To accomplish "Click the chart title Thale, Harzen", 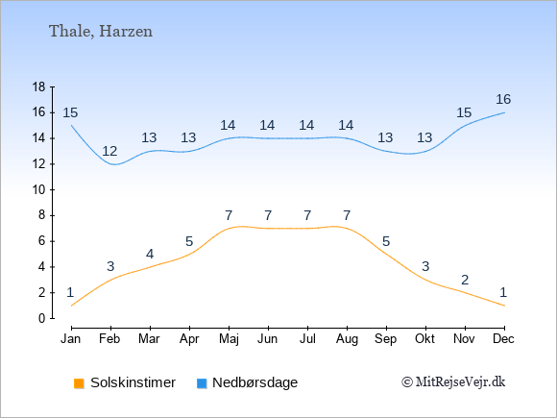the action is pos(101,32).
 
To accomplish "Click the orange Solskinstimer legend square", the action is pos(79,383).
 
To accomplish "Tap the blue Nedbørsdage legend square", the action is pos(202,383).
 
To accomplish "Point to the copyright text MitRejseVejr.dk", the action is pos(453,382).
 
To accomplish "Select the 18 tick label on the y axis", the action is pos(38,86).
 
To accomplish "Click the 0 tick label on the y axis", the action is pos(42,318).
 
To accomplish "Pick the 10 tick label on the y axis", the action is pos(38,189).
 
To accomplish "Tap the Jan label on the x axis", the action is pos(71,339).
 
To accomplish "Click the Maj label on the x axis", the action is pos(229,339).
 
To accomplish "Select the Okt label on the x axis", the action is pos(424,339).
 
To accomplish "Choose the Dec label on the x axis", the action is pos(504,339).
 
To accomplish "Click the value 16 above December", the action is pos(503,100).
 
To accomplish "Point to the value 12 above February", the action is pos(109,152).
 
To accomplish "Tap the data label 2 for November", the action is pos(465,280).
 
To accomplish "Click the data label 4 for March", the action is pos(150,254).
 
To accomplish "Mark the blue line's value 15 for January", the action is pos(70,113).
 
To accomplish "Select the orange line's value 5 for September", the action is pos(386,242).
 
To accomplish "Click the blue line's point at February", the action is pos(110,164).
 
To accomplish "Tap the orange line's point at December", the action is pos(504,306).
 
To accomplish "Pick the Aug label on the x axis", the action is pos(347,339).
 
